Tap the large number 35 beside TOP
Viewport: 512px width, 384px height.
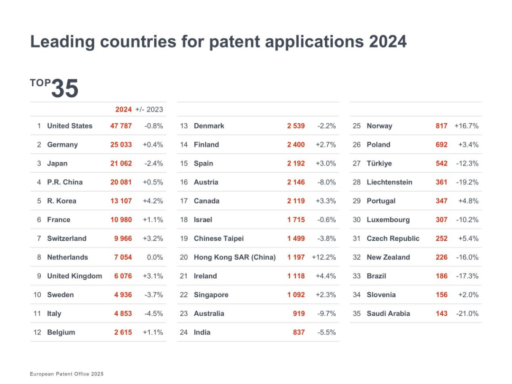coord(64,89)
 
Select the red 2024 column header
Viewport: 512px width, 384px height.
coord(123,110)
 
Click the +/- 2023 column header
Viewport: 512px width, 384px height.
coord(149,110)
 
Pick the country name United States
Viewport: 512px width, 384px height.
coord(70,126)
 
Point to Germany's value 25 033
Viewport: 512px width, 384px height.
coord(121,145)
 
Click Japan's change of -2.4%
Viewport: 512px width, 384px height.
coord(154,164)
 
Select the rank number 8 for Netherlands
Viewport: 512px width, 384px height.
coord(39,257)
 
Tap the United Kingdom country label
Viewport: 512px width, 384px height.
coord(74,276)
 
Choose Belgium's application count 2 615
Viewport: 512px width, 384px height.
coord(123,332)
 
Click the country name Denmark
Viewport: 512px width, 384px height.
coord(209,126)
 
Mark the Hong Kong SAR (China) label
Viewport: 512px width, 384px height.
coord(235,257)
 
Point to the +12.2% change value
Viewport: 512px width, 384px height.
coord(324,257)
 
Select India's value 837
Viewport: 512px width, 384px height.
coord(299,332)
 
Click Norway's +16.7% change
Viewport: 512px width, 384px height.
coord(466,126)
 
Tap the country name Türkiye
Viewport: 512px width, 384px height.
coord(379,164)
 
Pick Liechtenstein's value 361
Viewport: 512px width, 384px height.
coord(441,182)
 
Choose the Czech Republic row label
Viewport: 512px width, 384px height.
coord(393,238)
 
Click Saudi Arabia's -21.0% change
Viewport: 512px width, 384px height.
coord(467,313)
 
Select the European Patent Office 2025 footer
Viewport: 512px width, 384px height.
coord(66,374)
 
